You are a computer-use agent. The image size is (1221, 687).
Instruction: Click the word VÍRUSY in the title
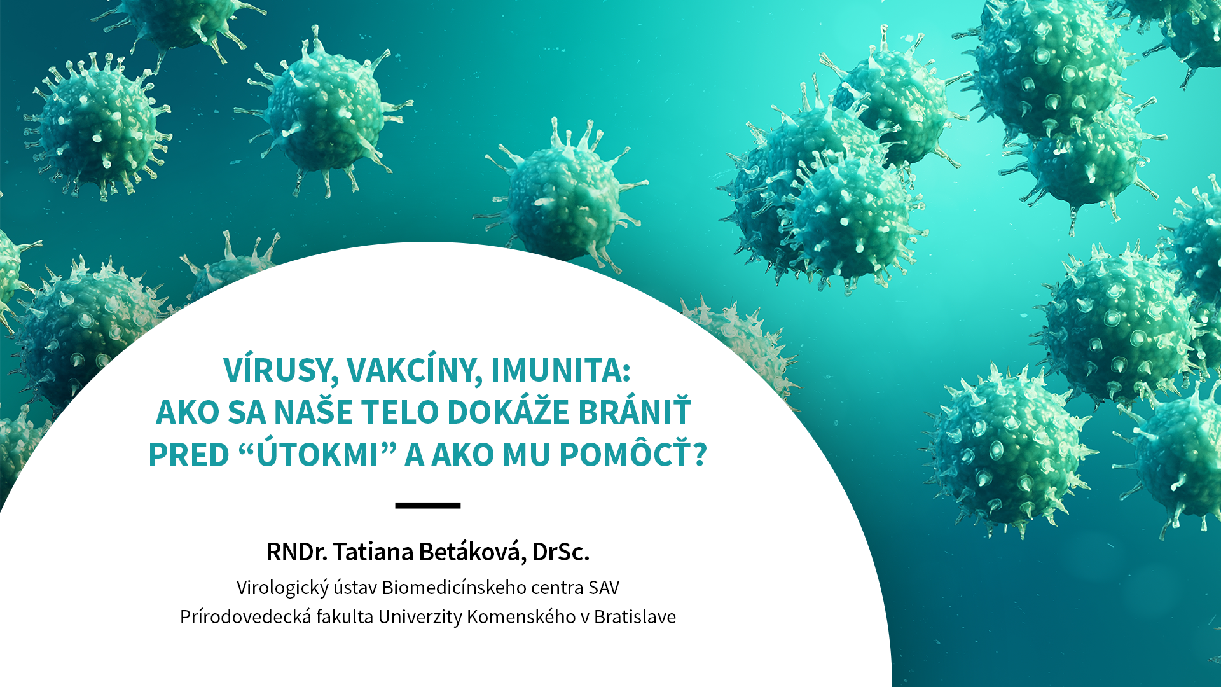point(280,370)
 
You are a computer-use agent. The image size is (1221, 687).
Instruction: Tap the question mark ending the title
point(700,455)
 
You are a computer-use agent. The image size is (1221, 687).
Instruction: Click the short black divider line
point(427,506)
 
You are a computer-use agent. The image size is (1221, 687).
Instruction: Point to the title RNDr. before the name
point(296,552)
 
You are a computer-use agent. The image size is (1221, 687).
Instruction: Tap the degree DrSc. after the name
point(561,552)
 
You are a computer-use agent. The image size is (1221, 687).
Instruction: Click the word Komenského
point(521,616)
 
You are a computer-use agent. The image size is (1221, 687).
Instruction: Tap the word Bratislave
point(635,616)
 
